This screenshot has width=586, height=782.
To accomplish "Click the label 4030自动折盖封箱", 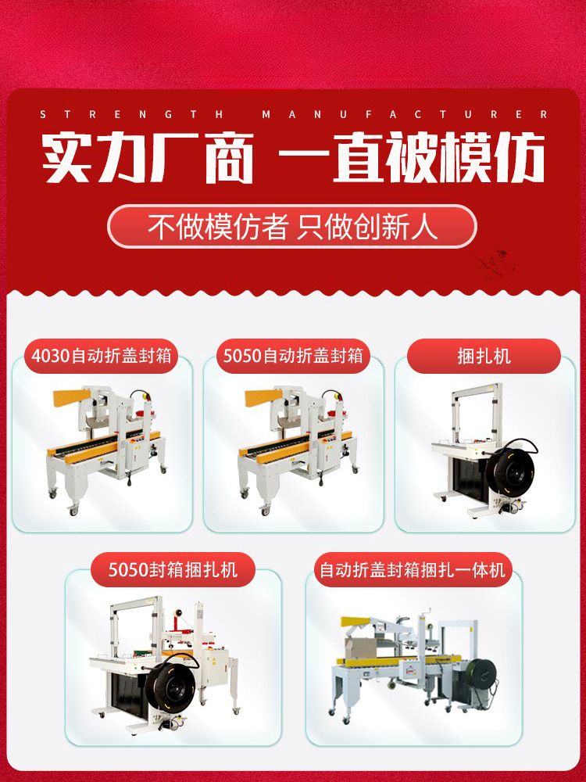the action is point(101,356).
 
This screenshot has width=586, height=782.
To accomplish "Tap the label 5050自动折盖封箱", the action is point(293,356).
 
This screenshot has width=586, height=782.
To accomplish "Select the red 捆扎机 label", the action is point(484,356).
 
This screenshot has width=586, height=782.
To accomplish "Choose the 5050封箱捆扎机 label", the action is point(173,569).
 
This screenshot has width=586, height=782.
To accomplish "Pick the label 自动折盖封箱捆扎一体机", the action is point(413,569).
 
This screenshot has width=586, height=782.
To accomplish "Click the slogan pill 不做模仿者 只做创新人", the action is point(292,227).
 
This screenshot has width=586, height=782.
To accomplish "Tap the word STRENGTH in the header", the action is point(132,115).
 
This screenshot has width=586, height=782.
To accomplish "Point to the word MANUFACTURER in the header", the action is point(405,115).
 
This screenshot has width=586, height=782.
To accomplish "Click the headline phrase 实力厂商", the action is point(148,158).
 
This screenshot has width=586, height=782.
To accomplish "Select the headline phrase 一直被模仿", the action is point(412,158).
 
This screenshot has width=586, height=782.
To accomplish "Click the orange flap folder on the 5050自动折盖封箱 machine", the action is point(263,396).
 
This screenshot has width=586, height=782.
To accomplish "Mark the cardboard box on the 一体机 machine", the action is point(360,647).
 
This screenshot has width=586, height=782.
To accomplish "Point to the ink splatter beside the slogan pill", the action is point(493,261).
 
